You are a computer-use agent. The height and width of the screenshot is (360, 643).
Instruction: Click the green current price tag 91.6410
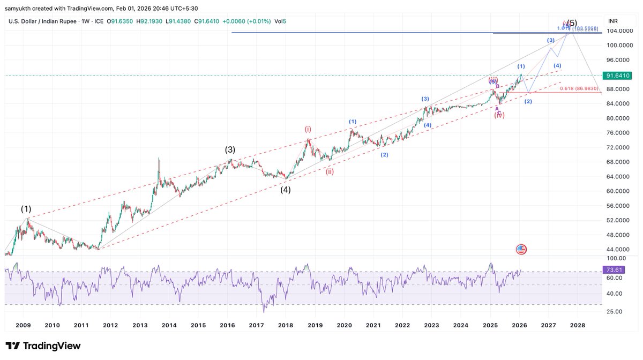[616, 76]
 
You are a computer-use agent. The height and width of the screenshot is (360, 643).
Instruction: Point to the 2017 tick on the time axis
[257, 325]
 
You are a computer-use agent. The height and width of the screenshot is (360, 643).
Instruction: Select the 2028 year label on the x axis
[577, 325]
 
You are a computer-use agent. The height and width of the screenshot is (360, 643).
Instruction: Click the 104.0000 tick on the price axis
[619, 31]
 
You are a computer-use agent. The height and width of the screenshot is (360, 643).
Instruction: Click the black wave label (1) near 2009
[26, 209]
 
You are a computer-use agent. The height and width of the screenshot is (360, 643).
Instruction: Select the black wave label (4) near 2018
[286, 189]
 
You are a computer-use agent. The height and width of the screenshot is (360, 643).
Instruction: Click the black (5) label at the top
[572, 23]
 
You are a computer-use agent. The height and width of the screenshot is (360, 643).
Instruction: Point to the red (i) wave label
[308, 129]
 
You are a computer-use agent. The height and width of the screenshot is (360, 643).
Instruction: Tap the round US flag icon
[521, 249]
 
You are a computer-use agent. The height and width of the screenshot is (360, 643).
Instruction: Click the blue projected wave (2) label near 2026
[528, 101]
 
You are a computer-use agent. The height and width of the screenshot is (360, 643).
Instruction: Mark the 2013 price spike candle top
[159, 158]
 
